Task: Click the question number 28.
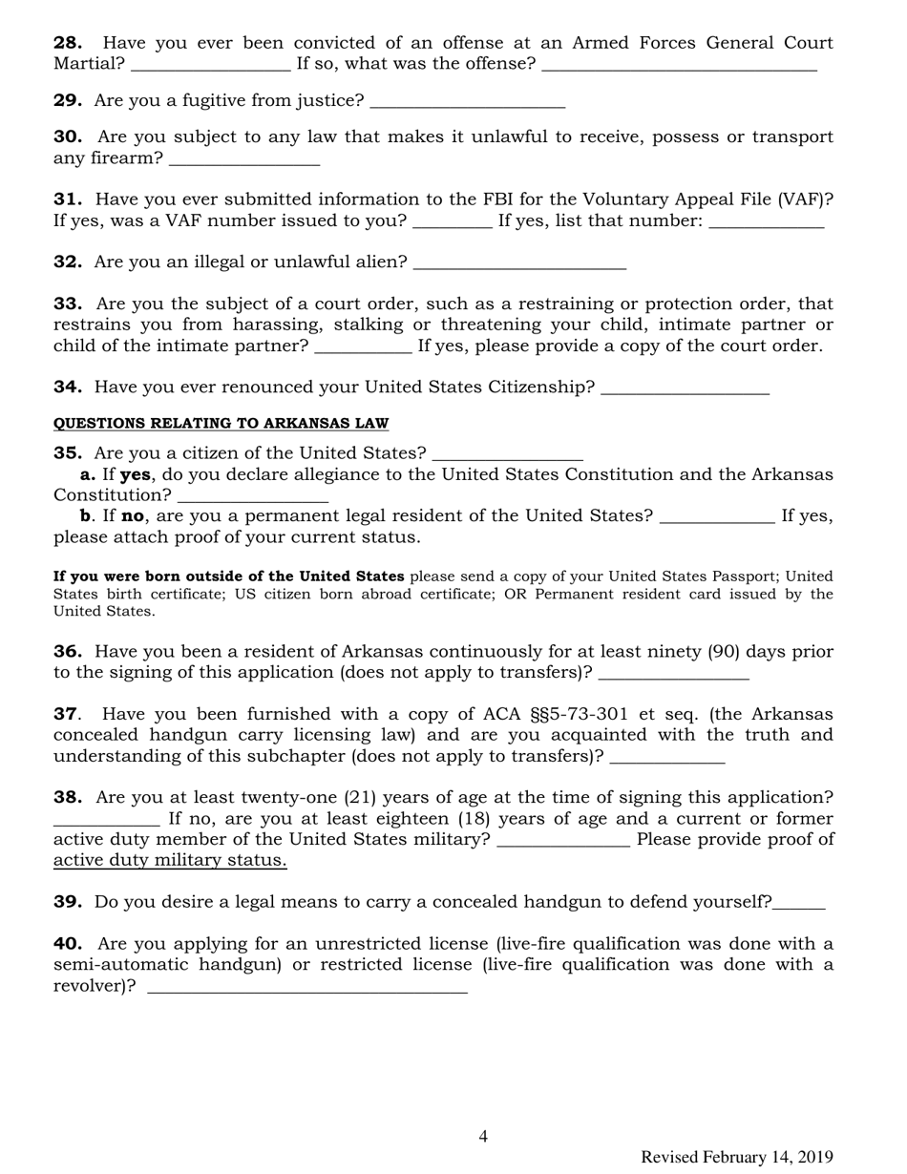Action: click(x=68, y=43)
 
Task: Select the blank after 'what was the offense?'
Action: click(x=679, y=65)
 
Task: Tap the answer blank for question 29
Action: click(x=467, y=102)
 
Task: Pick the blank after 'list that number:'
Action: click(x=767, y=222)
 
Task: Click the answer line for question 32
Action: click(x=520, y=263)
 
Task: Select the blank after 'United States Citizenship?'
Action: click(x=686, y=388)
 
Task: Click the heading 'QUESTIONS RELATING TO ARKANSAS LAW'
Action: click(x=221, y=423)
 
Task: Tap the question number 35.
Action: click(x=68, y=453)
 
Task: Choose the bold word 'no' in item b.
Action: click(x=134, y=516)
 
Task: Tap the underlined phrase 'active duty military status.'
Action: click(x=170, y=861)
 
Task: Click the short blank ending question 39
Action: click(x=799, y=904)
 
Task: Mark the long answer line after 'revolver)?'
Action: click(x=307, y=988)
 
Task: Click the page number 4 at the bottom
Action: click(x=483, y=1136)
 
